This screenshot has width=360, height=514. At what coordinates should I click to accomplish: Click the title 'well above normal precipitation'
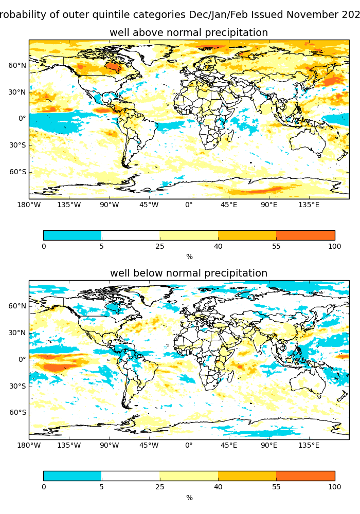point(189,33)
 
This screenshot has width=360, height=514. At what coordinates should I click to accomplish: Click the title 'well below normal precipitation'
point(189,273)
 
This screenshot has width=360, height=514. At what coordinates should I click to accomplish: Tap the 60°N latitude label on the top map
point(17,65)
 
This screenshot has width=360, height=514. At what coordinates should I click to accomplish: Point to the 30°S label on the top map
point(17,145)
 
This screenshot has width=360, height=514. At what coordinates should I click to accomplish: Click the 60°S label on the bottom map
point(17,412)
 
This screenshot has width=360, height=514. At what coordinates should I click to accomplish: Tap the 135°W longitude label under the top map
point(69,205)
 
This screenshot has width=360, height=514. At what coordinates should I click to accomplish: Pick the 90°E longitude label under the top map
point(269,205)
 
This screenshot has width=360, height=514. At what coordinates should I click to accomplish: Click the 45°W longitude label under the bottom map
point(149,445)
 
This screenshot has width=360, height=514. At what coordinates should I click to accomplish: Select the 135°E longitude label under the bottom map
point(309,445)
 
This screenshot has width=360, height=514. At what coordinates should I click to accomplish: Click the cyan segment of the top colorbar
point(72,235)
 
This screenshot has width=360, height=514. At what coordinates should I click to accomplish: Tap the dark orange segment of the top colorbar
point(305,235)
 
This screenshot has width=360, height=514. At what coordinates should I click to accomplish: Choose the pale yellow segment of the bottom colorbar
point(189,476)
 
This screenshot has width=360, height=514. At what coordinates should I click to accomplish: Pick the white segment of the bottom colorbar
point(131,476)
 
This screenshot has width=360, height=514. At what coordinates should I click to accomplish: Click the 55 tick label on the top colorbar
point(276,246)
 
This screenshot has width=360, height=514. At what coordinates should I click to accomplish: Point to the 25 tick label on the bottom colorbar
point(160,487)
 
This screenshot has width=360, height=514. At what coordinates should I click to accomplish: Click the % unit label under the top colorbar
point(189,256)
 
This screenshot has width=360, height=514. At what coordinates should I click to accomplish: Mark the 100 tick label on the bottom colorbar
point(335,487)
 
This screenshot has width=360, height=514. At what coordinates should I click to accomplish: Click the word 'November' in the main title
point(312,15)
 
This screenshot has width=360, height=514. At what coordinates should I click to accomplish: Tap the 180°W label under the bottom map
point(29,445)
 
